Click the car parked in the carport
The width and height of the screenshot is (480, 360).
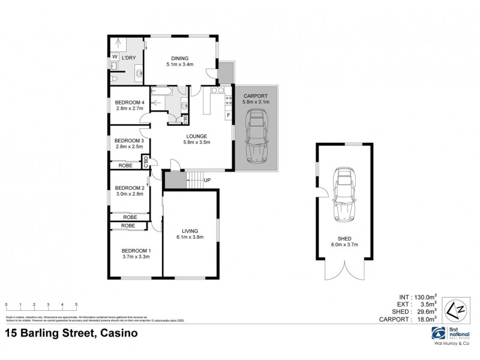point(256,139)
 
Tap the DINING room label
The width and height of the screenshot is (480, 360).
point(179,58)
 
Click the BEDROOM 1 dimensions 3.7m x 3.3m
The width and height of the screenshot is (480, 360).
point(136,256)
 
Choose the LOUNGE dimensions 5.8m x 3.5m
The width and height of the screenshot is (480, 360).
point(197,142)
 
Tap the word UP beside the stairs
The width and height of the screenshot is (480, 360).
point(208,180)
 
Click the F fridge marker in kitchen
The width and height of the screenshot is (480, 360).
point(228,115)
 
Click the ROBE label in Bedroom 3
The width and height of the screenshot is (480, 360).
point(125,165)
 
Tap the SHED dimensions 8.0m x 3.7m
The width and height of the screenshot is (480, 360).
point(343,244)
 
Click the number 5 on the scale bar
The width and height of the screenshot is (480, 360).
point(76,305)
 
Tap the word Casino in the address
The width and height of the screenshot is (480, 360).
point(118,333)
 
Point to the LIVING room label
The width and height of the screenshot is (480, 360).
point(190,230)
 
